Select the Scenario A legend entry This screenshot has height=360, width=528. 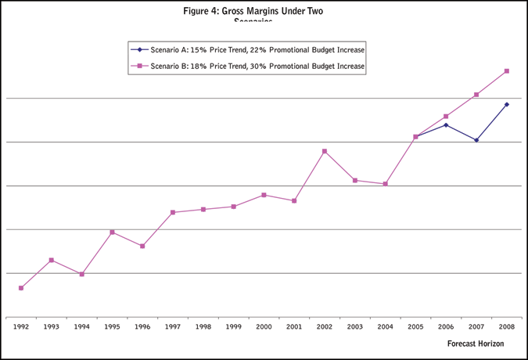pyautogui.click(x=251, y=50)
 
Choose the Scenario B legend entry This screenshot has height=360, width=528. pyautogui.click(x=251, y=67)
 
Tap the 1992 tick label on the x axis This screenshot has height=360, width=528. pyautogui.click(x=21, y=326)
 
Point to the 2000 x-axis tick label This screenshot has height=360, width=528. pyautogui.click(x=264, y=326)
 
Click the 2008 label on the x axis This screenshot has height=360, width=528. pyautogui.click(x=507, y=326)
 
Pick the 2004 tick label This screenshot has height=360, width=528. pyautogui.click(x=386, y=326)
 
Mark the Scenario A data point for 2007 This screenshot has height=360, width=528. pyautogui.click(x=476, y=140)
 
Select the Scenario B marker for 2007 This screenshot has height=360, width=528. pyautogui.click(x=476, y=95)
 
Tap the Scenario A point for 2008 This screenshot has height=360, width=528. pyautogui.click(x=507, y=104)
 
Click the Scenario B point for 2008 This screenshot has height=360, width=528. pyautogui.click(x=507, y=71)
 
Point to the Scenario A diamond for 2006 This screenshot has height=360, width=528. pyautogui.click(x=446, y=125)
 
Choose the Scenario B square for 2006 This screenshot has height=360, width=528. pyautogui.click(x=446, y=117)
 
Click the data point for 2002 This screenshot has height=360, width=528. pyautogui.click(x=325, y=151)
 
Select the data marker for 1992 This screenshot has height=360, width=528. pyautogui.click(x=21, y=288)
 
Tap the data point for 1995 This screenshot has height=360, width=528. pyautogui.click(x=112, y=232)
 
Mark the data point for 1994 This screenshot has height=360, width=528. pyautogui.click(x=82, y=274)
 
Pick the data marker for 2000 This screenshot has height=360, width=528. pyautogui.click(x=264, y=195)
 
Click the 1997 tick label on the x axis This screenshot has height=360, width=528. pyautogui.click(x=173, y=326)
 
